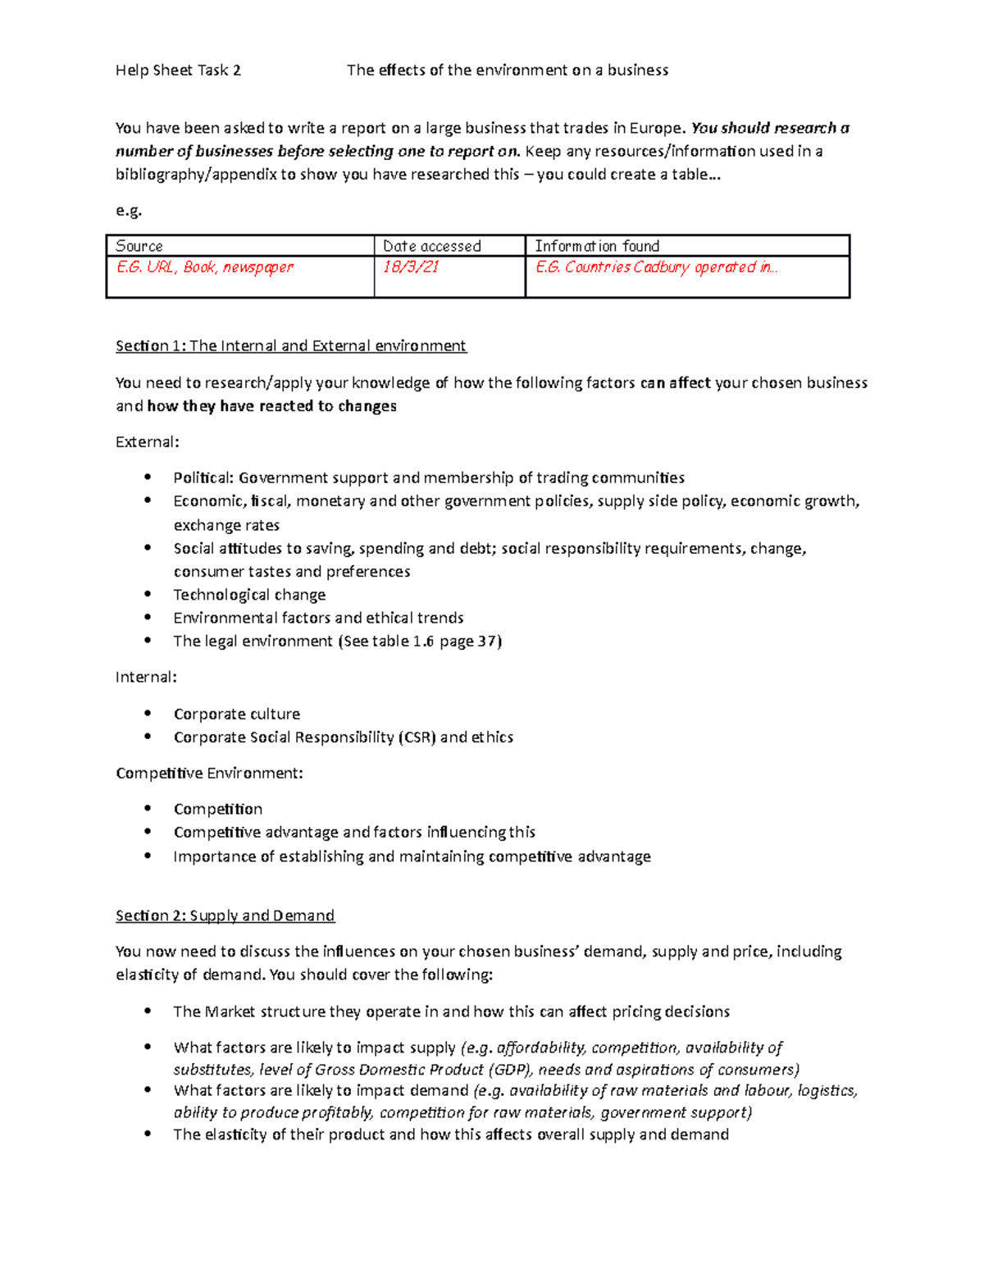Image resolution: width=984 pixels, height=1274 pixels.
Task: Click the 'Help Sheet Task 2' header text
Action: [178, 71]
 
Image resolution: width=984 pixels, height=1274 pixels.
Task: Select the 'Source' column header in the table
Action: [139, 246]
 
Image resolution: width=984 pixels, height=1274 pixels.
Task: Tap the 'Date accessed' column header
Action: [432, 246]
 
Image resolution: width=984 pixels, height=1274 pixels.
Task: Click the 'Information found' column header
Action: [597, 246]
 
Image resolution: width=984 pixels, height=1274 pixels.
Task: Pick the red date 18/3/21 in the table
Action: [411, 267]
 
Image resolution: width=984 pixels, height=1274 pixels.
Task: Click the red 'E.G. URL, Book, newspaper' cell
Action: [205, 267]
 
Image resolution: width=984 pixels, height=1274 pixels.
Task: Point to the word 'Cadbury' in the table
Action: [662, 267]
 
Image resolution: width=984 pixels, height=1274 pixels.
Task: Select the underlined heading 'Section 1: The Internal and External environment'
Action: [290, 346]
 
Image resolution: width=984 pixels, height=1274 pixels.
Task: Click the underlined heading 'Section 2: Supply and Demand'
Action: [225, 916]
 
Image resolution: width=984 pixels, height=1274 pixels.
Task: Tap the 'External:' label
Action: [147, 442]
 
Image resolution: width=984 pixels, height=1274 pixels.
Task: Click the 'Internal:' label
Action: [146, 678]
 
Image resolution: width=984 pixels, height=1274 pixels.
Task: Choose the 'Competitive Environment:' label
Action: [209, 774]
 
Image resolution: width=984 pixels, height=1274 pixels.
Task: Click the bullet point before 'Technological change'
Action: [148, 594]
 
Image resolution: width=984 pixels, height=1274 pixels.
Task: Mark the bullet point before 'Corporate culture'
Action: [148, 713]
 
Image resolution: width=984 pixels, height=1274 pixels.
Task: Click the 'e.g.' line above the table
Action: [129, 210]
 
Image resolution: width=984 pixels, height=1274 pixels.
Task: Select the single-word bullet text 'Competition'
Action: [218, 810]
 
